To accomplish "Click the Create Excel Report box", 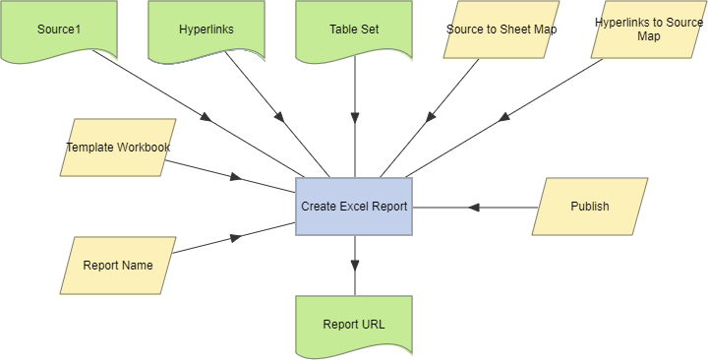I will pyautogui.click(x=354, y=207).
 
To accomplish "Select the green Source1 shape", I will pyautogui.click(x=58, y=30).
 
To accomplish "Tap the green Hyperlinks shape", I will pyautogui.click(x=206, y=30).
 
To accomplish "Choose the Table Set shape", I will pyautogui.click(x=354, y=30).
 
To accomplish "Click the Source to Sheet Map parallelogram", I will pyautogui.click(x=501, y=30).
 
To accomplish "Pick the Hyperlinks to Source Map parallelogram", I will pyautogui.click(x=648, y=30).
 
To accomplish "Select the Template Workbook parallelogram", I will pyautogui.click(x=118, y=148).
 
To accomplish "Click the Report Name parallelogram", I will pyautogui.click(x=118, y=266).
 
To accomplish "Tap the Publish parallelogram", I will pyautogui.click(x=590, y=207).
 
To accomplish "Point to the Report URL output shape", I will pyautogui.click(x=354, y=325).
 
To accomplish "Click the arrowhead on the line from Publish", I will pyautogui.click(x=473, y=207).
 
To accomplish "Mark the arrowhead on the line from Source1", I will pyautogui.click(x=206, y=118).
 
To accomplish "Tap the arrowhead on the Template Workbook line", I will pyautogui.click(x=235, y=177).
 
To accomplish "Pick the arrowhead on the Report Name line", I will pyautogui.click(x=235, y=236).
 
